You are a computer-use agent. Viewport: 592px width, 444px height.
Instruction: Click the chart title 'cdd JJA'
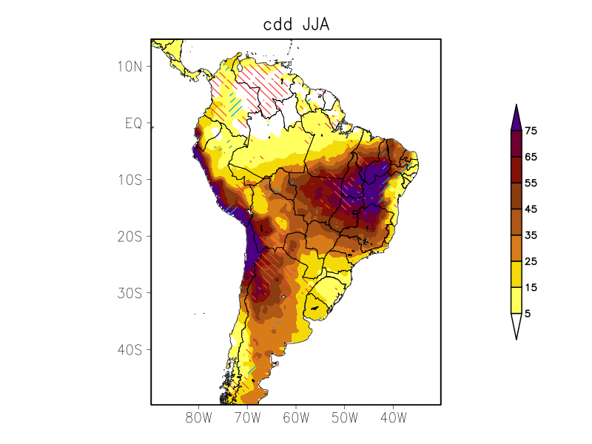(296, 24)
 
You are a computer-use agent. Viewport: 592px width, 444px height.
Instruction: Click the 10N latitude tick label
(129, 66)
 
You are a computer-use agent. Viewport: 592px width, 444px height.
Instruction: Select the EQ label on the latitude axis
(133, 123)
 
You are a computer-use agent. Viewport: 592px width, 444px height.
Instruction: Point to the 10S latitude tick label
(129, 180)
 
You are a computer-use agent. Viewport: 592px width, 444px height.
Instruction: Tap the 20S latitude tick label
(129, 236)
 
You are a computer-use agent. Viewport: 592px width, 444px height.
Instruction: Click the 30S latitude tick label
(129, 293)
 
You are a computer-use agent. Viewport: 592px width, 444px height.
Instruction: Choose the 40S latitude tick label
(129, 349)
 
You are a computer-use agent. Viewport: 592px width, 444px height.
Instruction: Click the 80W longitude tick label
(199, 417)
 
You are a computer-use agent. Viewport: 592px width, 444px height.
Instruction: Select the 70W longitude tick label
(247, 417)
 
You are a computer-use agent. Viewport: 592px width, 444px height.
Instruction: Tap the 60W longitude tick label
(296, 417)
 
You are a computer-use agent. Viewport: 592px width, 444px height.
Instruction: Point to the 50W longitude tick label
(344, 417)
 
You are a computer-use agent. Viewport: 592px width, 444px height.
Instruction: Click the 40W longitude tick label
(393, 417)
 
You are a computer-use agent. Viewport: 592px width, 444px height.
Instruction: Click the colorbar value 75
(530, 131)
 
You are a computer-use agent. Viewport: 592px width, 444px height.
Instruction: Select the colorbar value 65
(530, 157)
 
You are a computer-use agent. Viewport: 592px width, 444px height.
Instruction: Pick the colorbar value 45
(530, 209)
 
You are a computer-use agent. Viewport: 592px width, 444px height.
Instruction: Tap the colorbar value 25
(530, 261)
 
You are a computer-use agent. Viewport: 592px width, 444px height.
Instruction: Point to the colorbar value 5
(528, 313)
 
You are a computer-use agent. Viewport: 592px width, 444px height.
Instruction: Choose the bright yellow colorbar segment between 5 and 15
(516, 300)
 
